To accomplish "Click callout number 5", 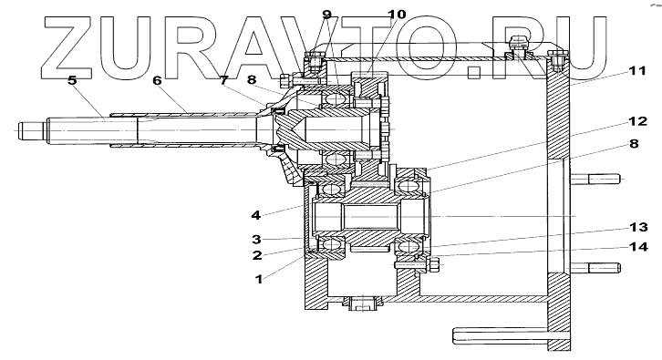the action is (72, 79).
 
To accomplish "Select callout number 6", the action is (157, 79).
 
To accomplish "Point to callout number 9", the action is (326, 15).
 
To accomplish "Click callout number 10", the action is (397, 15).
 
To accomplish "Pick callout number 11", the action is (637, 70).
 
